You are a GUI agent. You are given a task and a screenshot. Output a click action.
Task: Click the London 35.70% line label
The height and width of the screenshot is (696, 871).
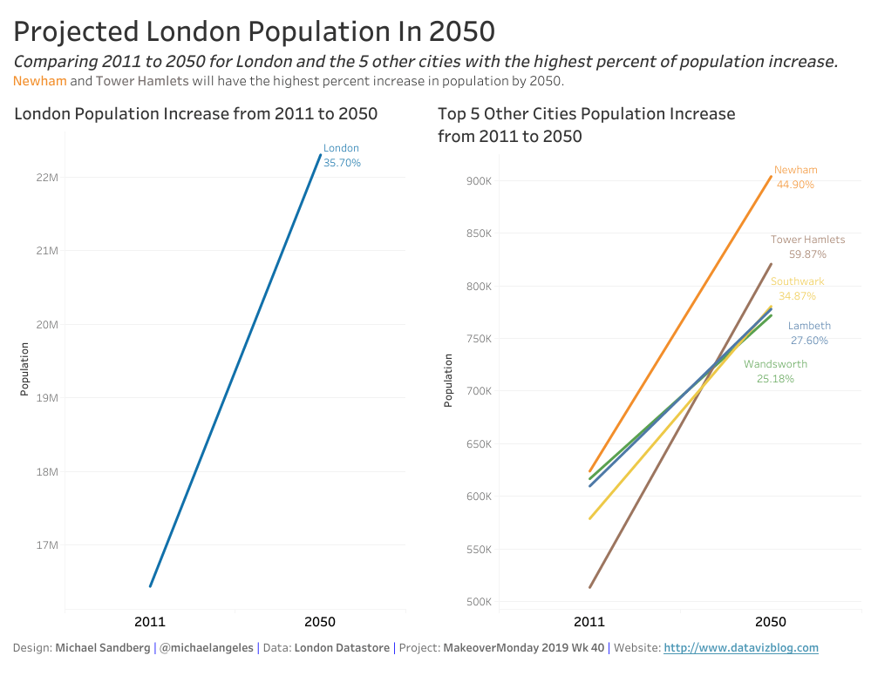[341, 155]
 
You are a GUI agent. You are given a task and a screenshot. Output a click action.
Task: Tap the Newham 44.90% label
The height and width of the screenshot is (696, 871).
[795, 177]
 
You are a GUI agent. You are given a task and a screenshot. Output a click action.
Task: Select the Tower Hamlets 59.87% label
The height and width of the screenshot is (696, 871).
[807, 247]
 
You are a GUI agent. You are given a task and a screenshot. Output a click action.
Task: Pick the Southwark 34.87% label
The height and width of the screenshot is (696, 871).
[797, 288]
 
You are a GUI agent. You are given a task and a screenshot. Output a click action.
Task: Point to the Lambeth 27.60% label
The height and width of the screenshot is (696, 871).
[809, 333]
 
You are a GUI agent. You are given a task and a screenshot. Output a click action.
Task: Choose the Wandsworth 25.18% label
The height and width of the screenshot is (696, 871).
[775, 371]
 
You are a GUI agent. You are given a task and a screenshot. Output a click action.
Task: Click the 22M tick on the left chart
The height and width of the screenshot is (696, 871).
[47, 178]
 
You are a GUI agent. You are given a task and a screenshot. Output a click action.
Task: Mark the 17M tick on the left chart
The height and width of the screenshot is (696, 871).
[47, 546]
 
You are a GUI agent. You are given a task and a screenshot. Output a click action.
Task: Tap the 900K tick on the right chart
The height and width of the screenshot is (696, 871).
[480, 181]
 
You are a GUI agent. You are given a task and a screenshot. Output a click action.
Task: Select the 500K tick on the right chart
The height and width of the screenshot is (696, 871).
[480, 602]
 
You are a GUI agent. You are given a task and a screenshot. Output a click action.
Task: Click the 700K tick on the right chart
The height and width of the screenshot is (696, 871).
[480, 391]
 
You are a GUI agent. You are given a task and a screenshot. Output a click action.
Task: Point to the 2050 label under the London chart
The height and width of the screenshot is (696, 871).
[319, 622]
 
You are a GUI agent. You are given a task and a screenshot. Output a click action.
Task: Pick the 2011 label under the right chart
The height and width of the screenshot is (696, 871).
[589, 622]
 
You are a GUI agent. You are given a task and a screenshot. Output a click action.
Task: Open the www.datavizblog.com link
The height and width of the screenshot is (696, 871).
[741, 648]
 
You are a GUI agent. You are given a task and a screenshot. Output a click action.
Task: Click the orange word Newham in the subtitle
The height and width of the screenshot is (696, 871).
[40, 81]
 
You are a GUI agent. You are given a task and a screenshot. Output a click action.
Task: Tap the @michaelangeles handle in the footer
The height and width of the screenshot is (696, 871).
[208, 648]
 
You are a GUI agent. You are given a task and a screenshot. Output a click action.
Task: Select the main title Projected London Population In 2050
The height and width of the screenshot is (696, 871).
[255, 31]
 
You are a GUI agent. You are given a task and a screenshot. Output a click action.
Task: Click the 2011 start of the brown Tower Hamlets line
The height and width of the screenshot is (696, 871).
[590, 587]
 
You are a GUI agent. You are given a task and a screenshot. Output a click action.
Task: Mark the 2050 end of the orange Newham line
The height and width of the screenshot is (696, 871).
[771, 177]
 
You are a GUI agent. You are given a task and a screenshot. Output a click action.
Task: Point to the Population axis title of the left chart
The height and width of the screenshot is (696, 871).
[25, 369]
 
